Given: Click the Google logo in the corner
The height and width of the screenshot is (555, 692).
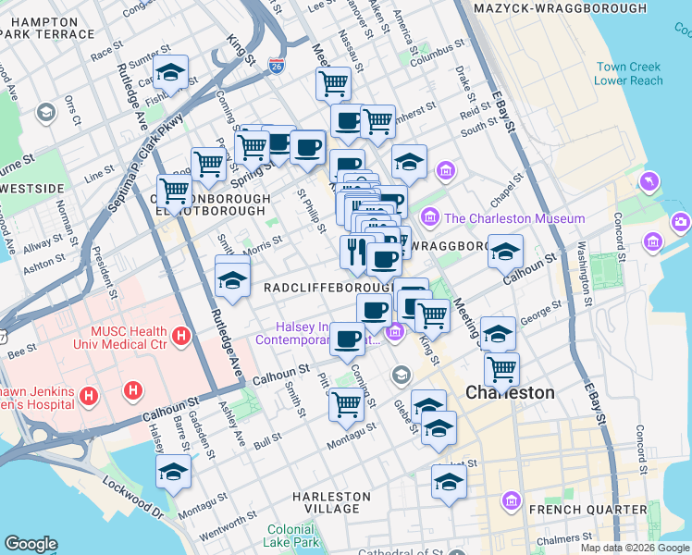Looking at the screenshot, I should (31, 544).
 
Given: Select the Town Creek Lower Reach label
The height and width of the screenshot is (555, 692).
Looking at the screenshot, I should (629, 74).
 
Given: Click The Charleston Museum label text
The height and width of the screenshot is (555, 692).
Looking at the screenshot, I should (514, 218).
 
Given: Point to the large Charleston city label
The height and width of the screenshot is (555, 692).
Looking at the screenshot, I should (510, 392).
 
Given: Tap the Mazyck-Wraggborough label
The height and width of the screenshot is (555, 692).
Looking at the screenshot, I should (560, 8).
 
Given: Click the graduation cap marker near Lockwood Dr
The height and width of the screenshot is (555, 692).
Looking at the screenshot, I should (173, 473).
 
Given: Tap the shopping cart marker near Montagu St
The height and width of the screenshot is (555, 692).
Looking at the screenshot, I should (346, 402).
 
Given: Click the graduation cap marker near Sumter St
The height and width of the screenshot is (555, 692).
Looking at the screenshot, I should (171, 72).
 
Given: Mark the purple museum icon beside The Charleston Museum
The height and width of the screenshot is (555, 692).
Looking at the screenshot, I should (429, 218).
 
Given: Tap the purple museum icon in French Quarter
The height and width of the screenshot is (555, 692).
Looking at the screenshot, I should (511, 501).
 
